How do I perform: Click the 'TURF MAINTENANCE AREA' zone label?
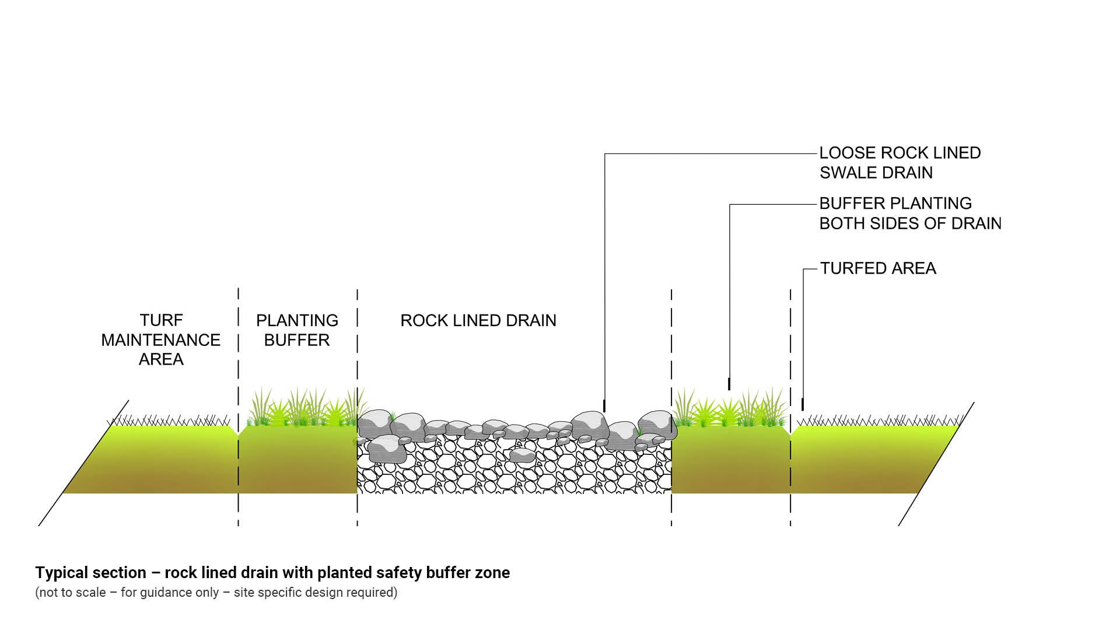[x=161, y=339]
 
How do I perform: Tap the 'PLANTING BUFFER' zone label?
[x=297, y=330]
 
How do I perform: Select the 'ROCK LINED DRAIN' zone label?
[x=478, y=320]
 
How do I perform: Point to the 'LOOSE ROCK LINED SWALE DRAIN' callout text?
[x=900, y=163]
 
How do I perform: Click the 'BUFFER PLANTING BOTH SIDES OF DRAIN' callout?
[x=910, y=213]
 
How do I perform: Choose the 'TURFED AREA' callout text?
[x=878, y=268]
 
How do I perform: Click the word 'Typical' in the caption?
[x=61, y=573]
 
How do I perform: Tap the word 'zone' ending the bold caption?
[x=494, y=573]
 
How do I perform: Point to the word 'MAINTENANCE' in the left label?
[x=161, y=340]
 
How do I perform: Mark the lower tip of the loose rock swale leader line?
[x=604, y=410]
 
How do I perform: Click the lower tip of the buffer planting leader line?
[x=729, y=388]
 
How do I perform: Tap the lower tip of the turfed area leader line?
[x=803, y=409]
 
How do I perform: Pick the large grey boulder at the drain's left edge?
[x=374, y=421]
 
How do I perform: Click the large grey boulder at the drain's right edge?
[x=656, y=423]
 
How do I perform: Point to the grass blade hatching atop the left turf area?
[x=169, y=421]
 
